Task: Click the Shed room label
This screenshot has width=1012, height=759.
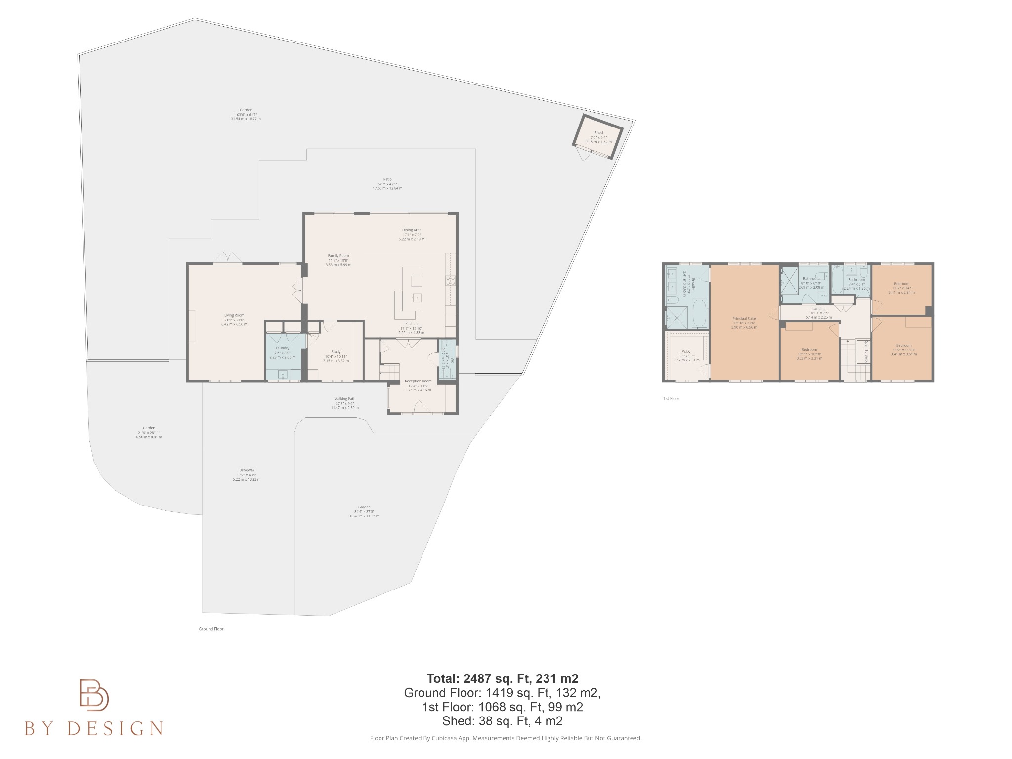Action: pos(598,133)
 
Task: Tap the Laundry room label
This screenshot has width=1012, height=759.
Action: pos(282,348)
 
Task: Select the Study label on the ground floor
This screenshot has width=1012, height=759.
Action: pos(336,352)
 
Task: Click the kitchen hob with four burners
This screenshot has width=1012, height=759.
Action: pos(451,280)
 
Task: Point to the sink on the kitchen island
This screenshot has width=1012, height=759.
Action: pos(417,298)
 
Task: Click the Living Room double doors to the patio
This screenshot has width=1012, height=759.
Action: pos(228,257)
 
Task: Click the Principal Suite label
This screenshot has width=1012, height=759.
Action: pos(744,319)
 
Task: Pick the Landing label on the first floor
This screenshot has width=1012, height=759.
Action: pos(819,308)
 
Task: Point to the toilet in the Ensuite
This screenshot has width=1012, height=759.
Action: pos(673,300)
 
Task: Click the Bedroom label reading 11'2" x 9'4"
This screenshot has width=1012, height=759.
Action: pos(901,288)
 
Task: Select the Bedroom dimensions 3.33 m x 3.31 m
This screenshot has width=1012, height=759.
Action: pos(809,358)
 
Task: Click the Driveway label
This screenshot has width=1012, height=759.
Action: pos(246,470)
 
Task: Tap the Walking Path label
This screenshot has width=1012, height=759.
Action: pos(344,399)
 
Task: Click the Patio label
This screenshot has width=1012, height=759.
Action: pos(387,179)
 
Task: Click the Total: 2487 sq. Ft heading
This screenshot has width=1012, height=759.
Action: pos(502,678)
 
